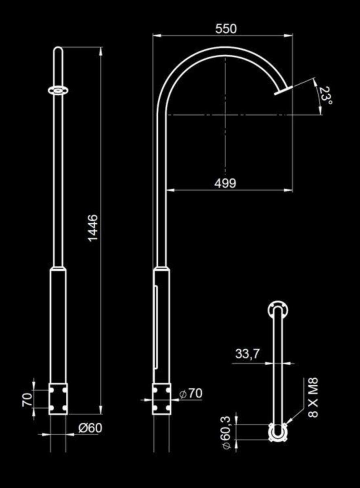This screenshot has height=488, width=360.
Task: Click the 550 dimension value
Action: tap(225, 29)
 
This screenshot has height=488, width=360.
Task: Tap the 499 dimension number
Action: tap(225, 183)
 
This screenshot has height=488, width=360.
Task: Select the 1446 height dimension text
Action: tap(93, 228)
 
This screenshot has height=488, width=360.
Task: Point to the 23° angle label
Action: tap(326, 96)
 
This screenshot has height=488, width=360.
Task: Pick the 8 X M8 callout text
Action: tap(313, 397)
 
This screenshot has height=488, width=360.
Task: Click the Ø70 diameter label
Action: tap(191, 393)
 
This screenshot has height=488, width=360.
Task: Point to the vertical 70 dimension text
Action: tap(27, 399)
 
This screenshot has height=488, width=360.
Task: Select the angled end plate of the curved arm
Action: tap(284, 90)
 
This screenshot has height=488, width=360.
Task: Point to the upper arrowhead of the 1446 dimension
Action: tap(100, 51)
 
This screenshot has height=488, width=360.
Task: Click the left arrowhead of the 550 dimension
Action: tap(157, 35)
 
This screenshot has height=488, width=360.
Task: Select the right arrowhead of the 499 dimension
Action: tap(288, 190)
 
